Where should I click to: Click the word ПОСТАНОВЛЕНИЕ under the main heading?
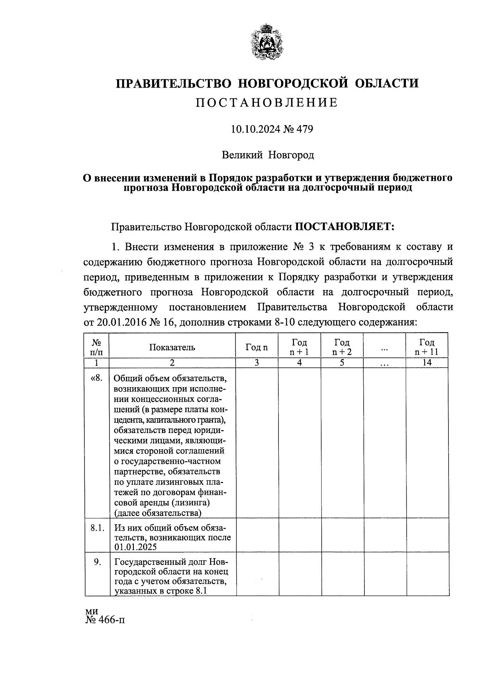(x=266, y=103)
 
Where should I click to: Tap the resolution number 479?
(x=304, y=129)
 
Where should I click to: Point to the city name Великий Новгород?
(x=268, y=155)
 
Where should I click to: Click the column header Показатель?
(x=172, y=347)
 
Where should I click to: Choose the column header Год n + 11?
(x=427, y=347)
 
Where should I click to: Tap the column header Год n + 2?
(x=342, y=347)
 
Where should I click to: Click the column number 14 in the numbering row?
(x=427, y=362)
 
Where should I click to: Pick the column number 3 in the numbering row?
(x=257, y=362)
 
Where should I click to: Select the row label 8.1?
(x=97, y=528)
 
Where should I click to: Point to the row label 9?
(x=97, y=562)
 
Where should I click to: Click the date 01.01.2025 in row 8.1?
(x=135, y=547)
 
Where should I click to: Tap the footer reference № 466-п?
(x=105, y=620)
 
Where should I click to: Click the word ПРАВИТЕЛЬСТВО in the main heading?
(x=173, y=83)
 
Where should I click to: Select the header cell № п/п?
(x=97, y=347)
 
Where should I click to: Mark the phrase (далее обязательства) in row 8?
(x=158, y=513)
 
